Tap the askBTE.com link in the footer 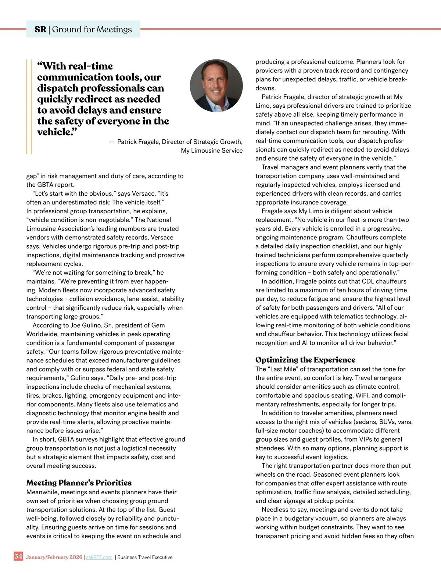click(99, 557)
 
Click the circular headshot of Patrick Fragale click(216, 86)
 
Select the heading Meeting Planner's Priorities click(79, 483)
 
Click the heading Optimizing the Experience click(305, 360)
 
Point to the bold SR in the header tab click(40, 29)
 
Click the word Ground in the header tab click(67, 29)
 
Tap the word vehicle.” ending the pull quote click(57, 132)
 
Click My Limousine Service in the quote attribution click(212, 150)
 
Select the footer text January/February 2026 click(54, 557)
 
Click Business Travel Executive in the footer click(145, 557)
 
